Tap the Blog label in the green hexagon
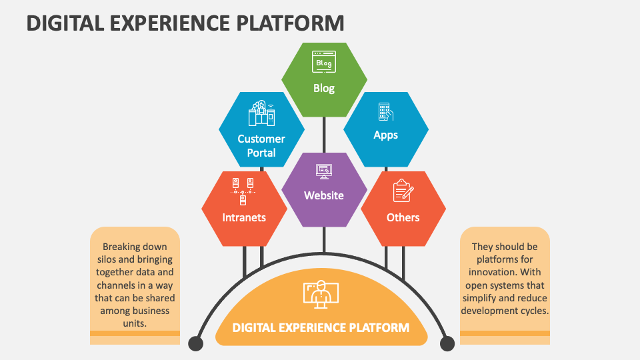[324, 88]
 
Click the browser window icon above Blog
[324, 63]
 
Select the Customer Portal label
[261, 145]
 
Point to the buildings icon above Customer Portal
[261, 114]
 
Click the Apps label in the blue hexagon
[385, 135]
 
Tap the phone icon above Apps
[385, 111]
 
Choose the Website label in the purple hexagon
[324, 195]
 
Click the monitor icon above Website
[324, 171]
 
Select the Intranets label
[244, 217]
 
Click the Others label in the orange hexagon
[403, 217]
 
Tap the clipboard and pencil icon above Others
[403, 191]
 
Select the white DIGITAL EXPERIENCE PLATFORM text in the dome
[321, 327]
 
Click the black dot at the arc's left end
[195, 343]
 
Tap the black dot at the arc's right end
[447, 343]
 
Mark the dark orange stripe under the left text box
[135, 333]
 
